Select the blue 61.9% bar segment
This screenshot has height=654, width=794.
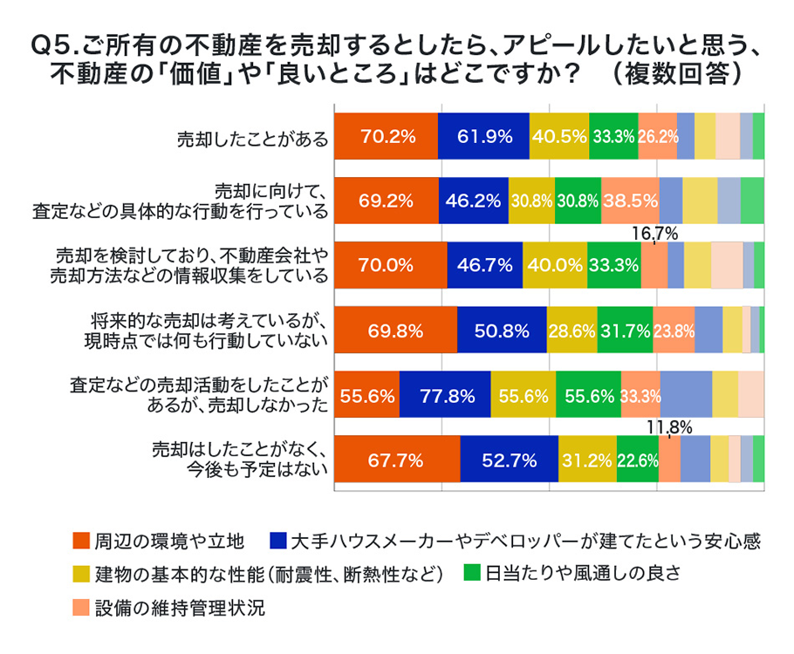coord(483,136)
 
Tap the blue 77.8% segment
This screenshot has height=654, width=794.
coord(445,394)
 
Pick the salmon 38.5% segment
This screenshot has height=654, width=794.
coord(629,201)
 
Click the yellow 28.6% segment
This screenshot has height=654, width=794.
coord(572,330)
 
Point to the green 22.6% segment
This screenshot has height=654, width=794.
coord(637,459)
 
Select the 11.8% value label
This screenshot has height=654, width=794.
coord(669,427)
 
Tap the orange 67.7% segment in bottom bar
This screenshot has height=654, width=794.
coord(397,459)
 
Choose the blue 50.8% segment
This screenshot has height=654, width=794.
coord(502,330)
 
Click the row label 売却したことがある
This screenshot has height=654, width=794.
coord(253,138)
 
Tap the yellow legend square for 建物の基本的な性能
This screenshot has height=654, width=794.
coord(80,575)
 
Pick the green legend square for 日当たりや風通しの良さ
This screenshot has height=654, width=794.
coord(473,575)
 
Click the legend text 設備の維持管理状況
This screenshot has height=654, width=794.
coord(179,607)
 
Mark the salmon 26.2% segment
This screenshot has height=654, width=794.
coord(657,136)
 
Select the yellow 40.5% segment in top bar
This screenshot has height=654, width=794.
coord(558,136)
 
